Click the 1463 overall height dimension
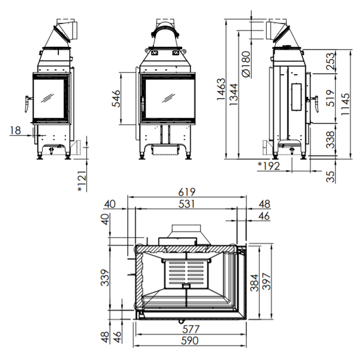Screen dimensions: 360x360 [221, 89]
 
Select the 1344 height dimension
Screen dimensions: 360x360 [234, 94]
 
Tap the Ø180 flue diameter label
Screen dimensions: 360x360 [246, 65]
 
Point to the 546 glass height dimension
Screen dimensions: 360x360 [116, 98]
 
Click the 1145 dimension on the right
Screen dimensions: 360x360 [345, 104]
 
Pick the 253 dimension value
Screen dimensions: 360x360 [331, 61]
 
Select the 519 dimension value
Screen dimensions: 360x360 [331, 98]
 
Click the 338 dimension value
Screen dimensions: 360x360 [331, 139]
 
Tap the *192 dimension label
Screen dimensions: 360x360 [269, 166]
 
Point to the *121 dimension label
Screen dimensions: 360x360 [82, 181]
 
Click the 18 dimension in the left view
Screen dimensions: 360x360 [16, 130]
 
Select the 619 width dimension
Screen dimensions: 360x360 [187, 192]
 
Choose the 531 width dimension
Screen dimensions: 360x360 [187, 204]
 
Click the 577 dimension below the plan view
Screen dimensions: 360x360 [191, 329]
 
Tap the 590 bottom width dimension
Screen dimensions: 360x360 [190, 340]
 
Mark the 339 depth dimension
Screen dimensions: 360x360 [105, 278]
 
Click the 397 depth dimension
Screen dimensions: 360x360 [267, 282]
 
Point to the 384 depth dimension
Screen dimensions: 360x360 [254, 283]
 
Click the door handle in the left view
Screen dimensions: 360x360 [28, 104]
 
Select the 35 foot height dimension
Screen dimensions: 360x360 [331, 176]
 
